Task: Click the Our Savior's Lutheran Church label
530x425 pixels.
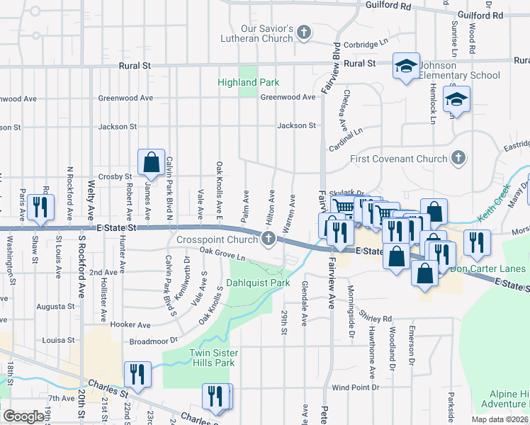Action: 266,33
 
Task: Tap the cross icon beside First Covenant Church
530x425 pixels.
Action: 458,158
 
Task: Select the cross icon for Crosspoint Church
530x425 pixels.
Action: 269,239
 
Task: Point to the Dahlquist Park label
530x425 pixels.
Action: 258,283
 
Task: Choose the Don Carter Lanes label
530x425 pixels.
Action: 487,269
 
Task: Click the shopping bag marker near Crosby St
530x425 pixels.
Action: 152,163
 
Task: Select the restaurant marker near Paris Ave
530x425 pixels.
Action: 39,207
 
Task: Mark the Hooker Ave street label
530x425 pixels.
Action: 133,324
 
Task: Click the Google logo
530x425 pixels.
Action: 24,416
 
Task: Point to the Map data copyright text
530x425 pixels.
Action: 499,419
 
